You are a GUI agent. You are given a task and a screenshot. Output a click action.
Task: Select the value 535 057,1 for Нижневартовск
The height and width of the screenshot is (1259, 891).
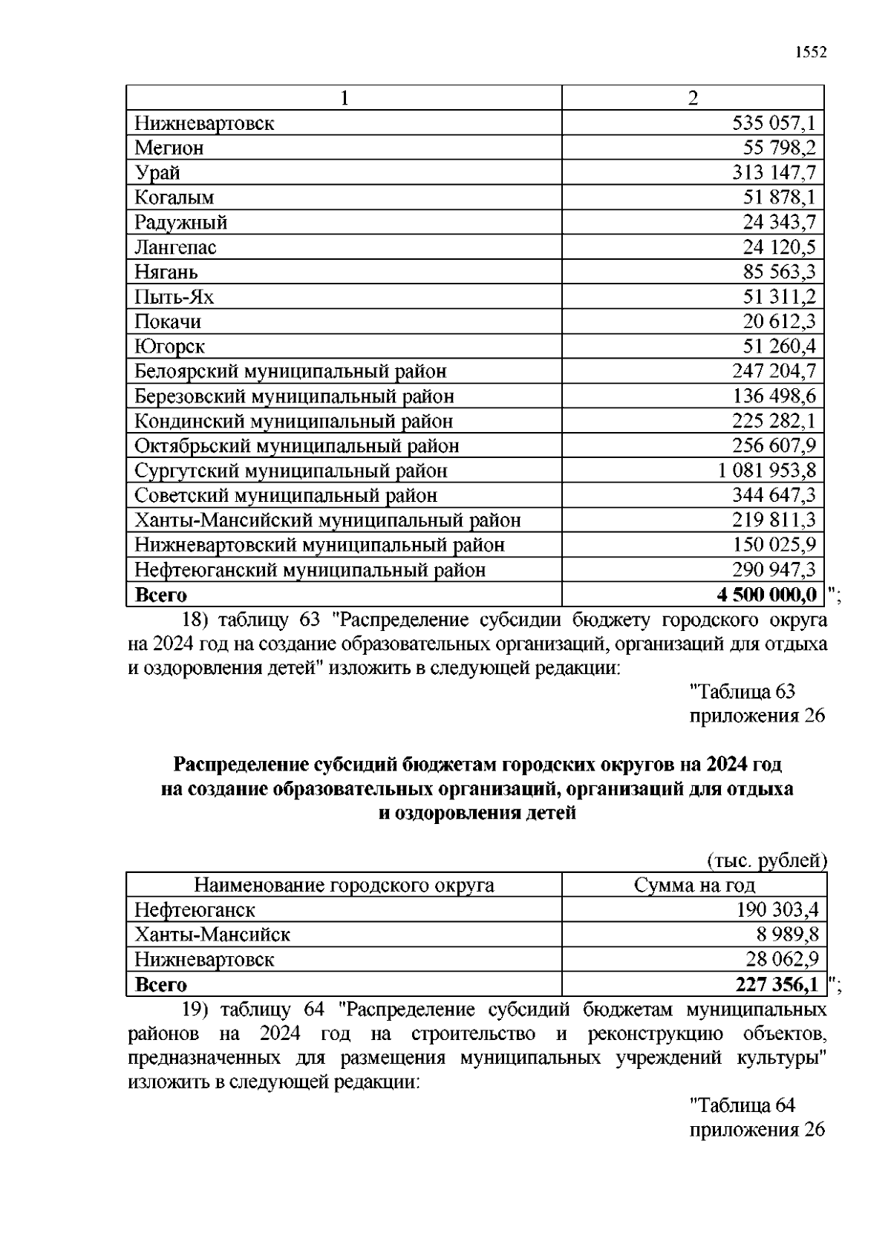(x=774, y=122)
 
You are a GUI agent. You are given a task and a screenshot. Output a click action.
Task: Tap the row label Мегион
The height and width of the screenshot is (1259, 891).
(x=169, y=148)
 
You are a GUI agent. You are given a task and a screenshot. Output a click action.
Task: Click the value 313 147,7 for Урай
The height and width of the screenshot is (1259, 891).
(x=774, y=172)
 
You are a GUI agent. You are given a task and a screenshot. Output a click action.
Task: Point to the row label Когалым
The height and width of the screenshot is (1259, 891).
(x=174, y=197)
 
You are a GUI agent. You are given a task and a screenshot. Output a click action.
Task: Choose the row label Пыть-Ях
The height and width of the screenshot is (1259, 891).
(x=174, y=297)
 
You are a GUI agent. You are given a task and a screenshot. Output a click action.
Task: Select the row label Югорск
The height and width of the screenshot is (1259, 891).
(x=169, y=347)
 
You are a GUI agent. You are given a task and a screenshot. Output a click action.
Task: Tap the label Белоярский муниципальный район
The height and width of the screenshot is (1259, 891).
(x=290, y=371)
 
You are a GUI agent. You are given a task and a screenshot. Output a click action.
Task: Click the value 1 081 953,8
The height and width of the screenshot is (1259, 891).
(x=767, y=471)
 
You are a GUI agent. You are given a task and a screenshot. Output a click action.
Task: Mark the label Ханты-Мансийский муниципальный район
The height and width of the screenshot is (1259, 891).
(x=327, y=520)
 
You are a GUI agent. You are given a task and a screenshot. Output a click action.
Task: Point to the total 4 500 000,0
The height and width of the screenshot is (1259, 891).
(x=767, y=595)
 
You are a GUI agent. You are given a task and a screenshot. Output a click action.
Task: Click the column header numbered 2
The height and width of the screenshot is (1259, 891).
(x=693, y=98)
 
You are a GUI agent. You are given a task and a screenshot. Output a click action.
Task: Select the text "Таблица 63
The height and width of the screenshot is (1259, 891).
(x=742, y=691)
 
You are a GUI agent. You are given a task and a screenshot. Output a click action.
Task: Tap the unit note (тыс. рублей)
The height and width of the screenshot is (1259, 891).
(x=766, y=860)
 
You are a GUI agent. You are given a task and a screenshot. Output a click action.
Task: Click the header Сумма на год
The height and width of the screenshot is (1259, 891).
(x=694, y=885)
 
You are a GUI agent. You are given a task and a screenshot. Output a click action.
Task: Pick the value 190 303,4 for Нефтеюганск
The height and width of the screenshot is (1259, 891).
(x=777, y=909)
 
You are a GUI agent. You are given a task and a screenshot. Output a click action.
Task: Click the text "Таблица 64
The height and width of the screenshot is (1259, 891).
(x=742, y=1105)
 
